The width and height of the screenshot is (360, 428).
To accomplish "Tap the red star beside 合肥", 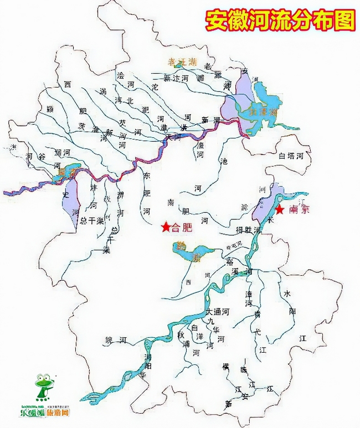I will [x=165, y=227].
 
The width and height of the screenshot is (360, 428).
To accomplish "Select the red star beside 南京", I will [x=280, y=210].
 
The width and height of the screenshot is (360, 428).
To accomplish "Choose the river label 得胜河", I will [x=248, y=229].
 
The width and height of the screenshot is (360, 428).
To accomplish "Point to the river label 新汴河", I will [x=177, y=79].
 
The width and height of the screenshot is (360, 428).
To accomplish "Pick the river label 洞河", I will [x=62, y=152].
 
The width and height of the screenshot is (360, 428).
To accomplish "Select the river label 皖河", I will [x=116, y=339].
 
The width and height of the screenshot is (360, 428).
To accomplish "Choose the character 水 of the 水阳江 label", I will [x=287, y=293].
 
